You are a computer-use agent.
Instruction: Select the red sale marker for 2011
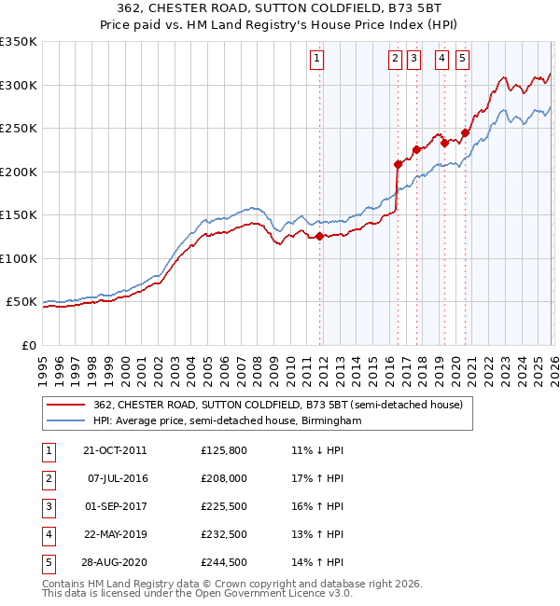click(x=319, y=237)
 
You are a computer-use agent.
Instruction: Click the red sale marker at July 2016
click(x=398, y=164)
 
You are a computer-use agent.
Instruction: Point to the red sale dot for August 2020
click(x=465, y=133)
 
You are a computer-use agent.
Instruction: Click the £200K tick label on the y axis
click(x=19, y=172)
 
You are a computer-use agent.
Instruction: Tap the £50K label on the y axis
click(x=22, y=302)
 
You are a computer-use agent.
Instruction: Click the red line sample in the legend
click(x=66, y=405)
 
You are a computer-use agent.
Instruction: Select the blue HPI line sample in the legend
click(x=66, y=421)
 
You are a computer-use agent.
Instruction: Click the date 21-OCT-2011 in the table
click(x=114, y=450)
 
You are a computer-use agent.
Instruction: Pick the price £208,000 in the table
click(x=224, y=478)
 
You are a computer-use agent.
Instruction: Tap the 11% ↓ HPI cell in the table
click(x=317, y=450)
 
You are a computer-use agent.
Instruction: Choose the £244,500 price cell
click(x=224, y=562)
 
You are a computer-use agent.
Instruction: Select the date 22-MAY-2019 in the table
click(x=114, y=534)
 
